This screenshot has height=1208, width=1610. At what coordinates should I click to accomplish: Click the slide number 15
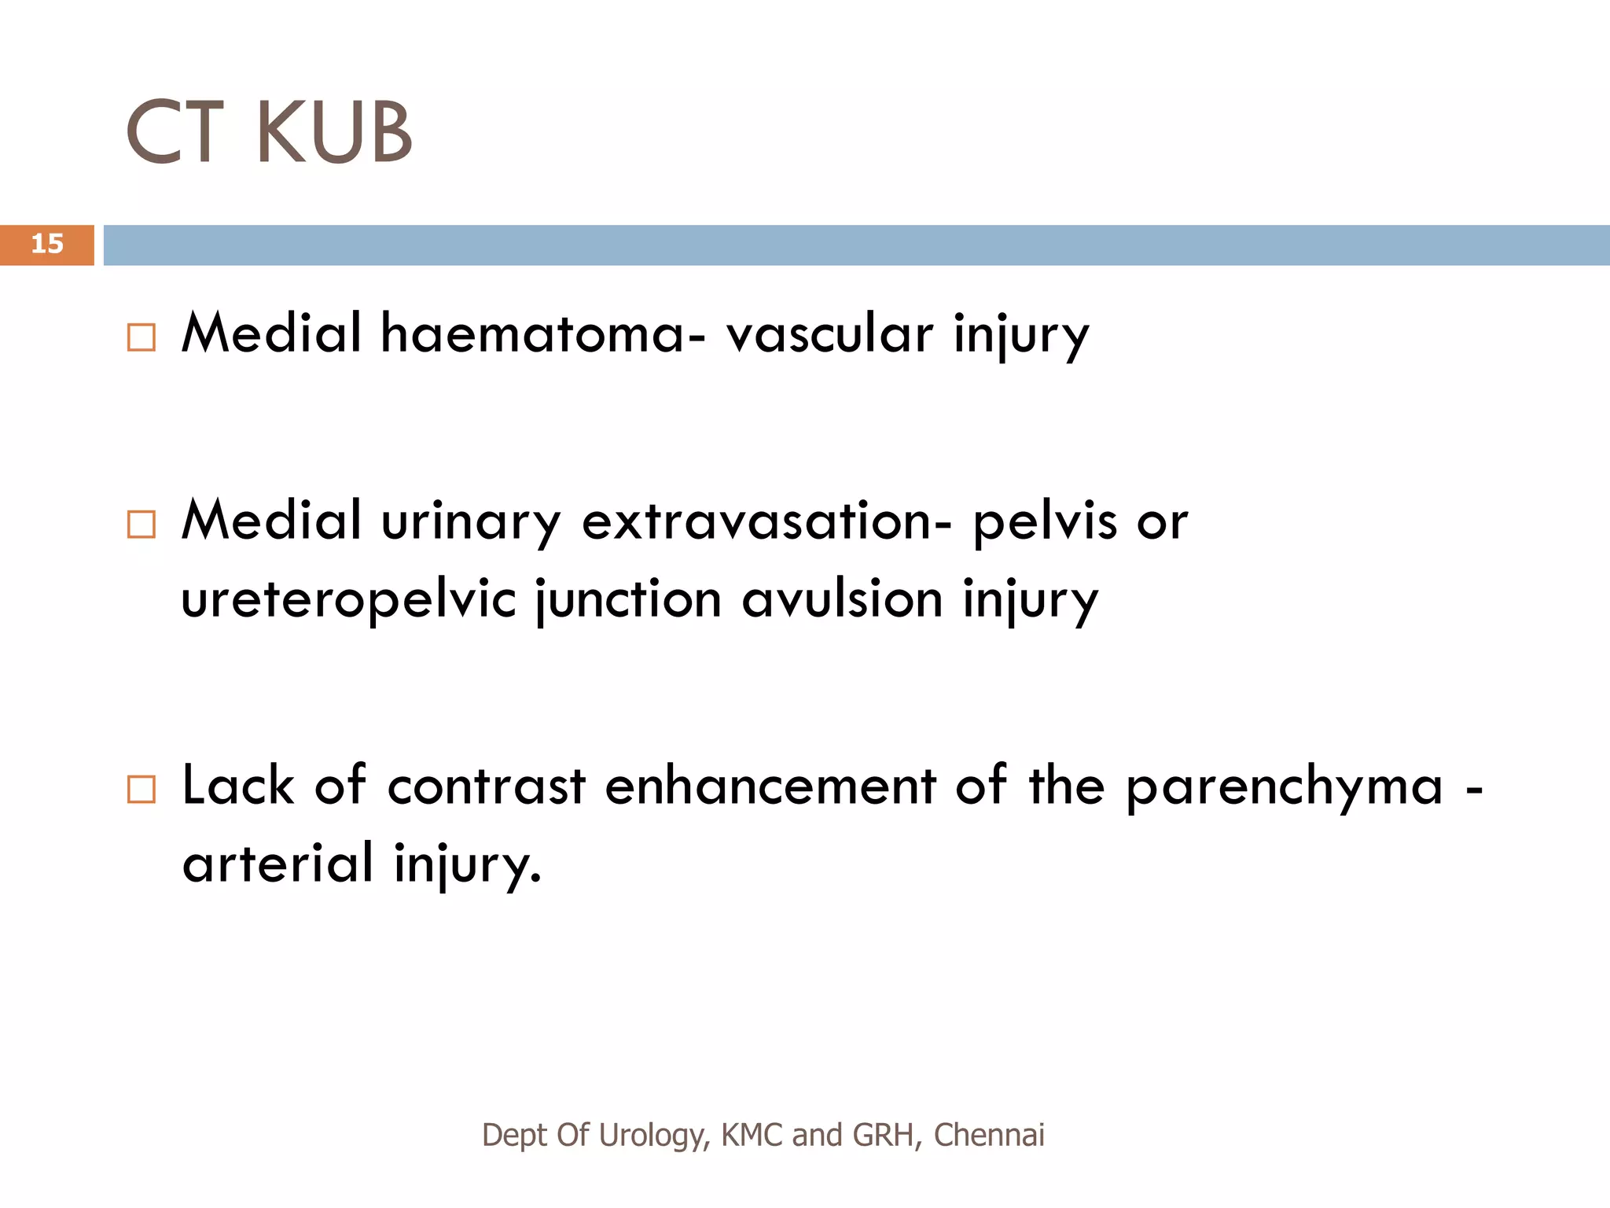(47, 244)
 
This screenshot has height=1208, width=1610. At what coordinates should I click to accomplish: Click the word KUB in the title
(334, 134)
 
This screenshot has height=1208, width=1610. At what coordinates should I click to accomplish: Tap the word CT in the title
(175, 134)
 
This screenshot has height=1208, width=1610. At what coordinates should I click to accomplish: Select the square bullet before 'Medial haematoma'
(142, 337)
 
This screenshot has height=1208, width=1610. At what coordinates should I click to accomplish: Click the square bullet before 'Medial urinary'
(142, 525)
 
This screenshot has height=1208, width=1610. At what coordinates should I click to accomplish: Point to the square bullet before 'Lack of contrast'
(142, 789)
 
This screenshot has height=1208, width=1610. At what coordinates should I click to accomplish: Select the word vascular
(829, 333)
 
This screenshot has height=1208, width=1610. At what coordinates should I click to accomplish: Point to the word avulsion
(842, 599)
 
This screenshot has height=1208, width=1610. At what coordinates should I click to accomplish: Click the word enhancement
(770, 786)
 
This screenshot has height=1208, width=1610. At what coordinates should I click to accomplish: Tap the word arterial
(278, 863)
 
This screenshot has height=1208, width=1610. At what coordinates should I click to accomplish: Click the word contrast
(487, 786)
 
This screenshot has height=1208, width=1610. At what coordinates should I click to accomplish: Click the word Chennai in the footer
(989, 1135)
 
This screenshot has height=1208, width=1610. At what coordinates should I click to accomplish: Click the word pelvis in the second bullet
(1045, 523)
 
